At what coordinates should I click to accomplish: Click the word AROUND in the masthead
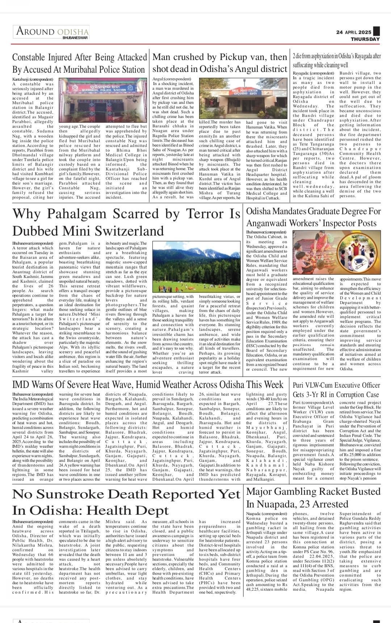tap(35, 31)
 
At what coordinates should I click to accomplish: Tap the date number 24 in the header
tap(339, 32)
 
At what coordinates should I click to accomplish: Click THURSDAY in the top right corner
tap(365, 39)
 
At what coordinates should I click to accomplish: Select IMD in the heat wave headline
tap(20, 384)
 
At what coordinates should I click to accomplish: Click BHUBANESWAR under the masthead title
tap(75, 38)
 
